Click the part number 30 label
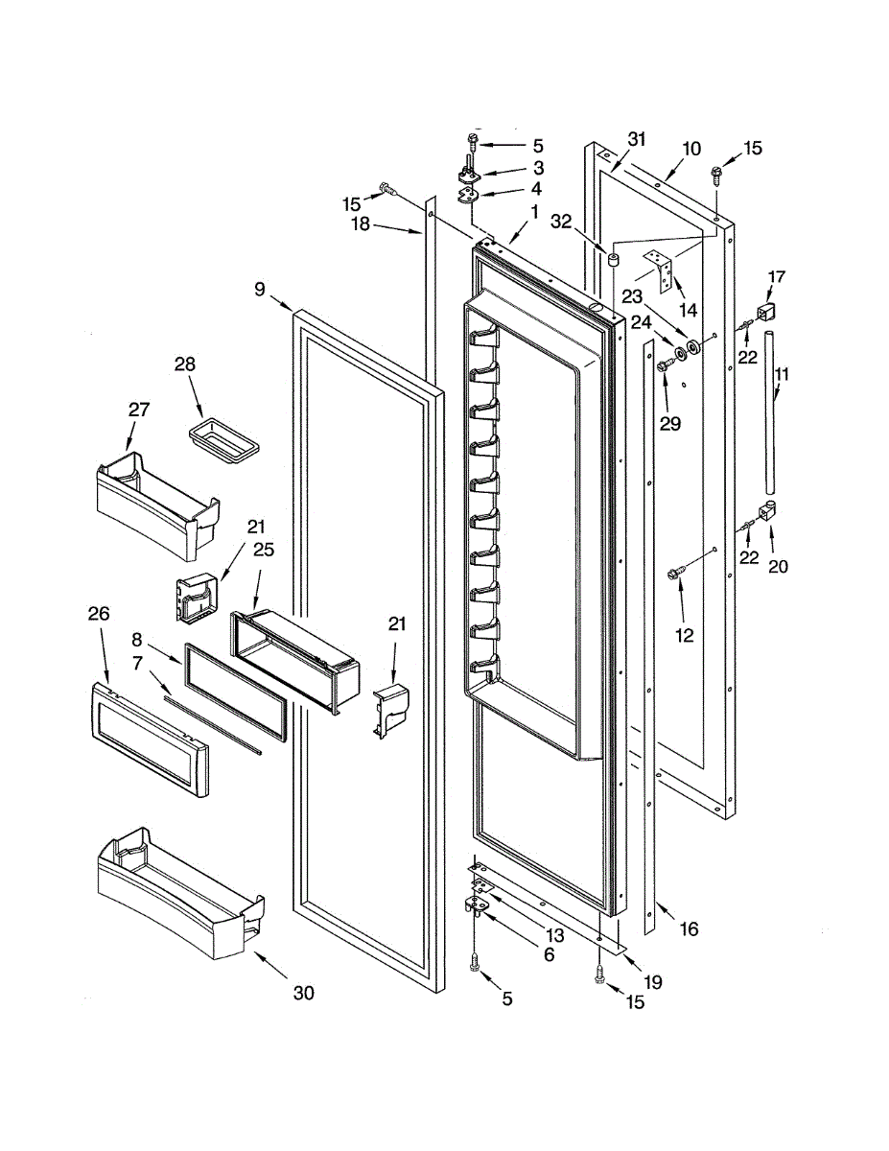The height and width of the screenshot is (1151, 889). click(303, 994)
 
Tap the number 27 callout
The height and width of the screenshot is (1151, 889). click(140, 410)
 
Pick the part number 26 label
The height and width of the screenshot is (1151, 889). click(99, 613)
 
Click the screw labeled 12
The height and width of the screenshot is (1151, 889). click(675, 573)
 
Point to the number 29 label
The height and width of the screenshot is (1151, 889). click(670, 422)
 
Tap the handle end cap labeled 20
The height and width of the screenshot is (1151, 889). click(769, 513)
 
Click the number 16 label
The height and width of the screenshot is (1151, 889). click(690, 928)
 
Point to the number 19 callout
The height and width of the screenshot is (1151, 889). click(653, 982)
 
